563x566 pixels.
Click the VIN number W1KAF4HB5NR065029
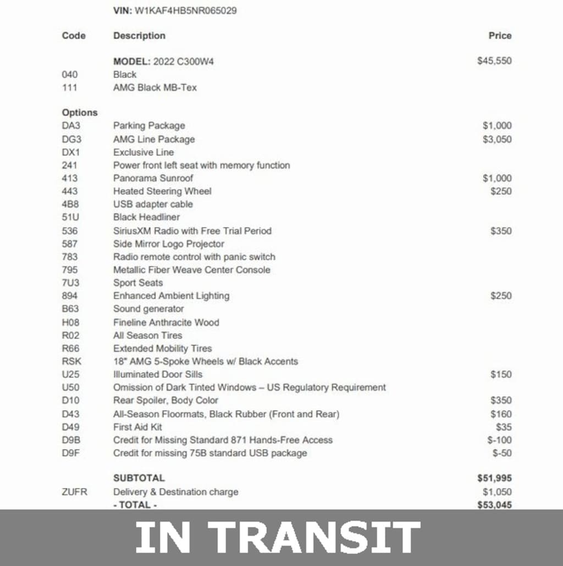(185, 10)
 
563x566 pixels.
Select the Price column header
(500, 36)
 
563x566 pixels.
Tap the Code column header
(74, 36)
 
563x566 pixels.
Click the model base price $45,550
(494, 61)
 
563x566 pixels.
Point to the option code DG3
(71, 140)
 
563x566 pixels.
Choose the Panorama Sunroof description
(153, 179)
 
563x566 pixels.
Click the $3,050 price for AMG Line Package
(497, 140)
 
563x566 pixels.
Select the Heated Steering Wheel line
(162, 191)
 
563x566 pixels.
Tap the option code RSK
(71, 362)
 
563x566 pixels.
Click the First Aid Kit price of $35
(503, 427)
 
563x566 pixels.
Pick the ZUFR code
(74, 492)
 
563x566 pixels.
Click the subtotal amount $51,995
(494, 479)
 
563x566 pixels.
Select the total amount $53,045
(494, 504)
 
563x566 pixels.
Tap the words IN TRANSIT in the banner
(278, 537)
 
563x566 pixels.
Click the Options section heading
(79, 113)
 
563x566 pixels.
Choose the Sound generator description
(148, 309)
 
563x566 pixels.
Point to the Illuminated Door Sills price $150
(501, 375)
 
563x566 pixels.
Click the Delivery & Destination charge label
(175, 492)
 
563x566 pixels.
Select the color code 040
(70, 75)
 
